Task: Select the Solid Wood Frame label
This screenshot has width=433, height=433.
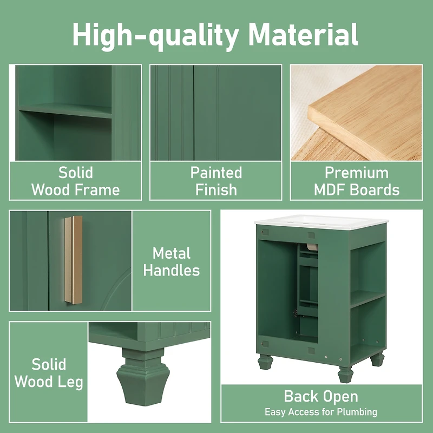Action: click(x=75, y=181)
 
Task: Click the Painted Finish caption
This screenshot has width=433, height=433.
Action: click(x=216, y=181)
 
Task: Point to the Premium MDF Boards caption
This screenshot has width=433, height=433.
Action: click(x=356, y=181)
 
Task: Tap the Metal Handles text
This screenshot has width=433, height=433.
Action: click(x=172, y=261)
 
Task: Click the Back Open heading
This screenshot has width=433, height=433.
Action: click(x=321, y=396)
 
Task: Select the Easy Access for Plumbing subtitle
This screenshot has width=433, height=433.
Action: click(x=321, y=412)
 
